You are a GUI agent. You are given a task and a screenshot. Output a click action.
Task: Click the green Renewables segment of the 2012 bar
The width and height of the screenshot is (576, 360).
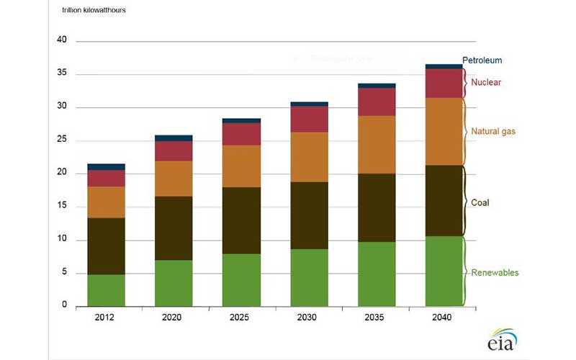106,289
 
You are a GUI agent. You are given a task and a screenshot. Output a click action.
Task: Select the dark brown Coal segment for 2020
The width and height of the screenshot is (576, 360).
174,228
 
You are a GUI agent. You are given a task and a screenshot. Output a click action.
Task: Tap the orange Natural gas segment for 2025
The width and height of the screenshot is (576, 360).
241,166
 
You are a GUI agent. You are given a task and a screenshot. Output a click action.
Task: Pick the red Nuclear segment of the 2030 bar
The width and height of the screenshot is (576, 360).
309,120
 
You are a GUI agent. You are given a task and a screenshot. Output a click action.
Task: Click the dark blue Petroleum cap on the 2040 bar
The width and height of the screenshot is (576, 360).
444,66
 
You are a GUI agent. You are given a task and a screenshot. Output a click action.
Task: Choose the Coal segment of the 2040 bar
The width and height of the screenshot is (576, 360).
444,201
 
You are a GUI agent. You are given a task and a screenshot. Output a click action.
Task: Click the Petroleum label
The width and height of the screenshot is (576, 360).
482,60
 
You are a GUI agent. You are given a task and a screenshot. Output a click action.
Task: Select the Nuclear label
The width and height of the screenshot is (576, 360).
486,82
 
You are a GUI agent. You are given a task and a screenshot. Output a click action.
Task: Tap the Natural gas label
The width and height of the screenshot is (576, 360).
493,132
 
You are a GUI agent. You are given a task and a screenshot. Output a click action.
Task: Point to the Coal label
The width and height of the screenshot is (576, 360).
480,203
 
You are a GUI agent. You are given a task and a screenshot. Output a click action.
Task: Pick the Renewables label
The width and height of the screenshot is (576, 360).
495,273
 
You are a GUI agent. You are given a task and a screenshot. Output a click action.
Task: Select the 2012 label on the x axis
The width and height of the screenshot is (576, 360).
106,318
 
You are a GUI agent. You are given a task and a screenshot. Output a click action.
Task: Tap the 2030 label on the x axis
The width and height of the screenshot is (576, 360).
309,318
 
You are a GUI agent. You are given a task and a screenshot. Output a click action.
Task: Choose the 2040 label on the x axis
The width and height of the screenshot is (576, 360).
444,318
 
